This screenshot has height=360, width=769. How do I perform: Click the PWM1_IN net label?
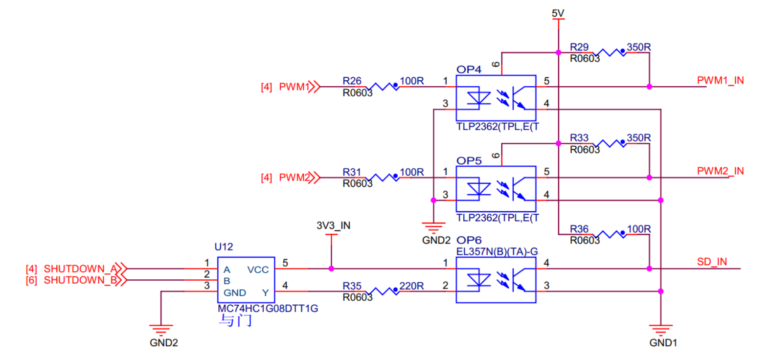click(x=720, y=80)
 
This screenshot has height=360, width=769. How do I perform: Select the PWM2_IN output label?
click(x=720, y=171)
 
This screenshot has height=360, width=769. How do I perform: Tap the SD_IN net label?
click(x=711, y=262)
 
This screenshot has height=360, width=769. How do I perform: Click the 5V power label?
click(x=558, y=13)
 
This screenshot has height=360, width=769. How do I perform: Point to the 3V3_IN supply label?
click(x=333, y=225)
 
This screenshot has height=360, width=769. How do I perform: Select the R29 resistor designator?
click(x=579, y=47)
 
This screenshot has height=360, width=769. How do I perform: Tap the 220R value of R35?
click(x=411, y=286)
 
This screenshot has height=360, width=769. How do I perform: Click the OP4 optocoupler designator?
click(x=469, y=69)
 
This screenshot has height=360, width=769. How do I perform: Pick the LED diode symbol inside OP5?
click(x=478, y=189)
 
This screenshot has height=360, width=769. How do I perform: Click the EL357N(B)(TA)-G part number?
click(x=497, y=251)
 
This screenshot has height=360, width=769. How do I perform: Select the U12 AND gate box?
click(x=246, y=280)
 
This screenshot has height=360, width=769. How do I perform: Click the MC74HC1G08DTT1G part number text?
click(x=268, y=309)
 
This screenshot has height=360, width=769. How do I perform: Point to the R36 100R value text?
click(x=638, y=229)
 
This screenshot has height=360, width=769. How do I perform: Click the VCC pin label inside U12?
click(x=258, y=270)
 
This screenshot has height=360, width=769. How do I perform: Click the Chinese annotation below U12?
click(x=235, y=321)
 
